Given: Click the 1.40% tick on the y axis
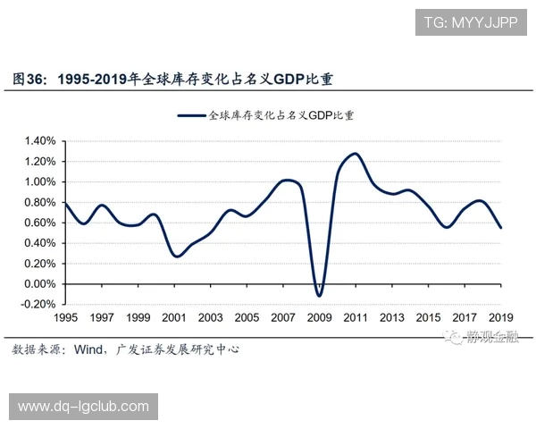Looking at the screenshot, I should tap(40, 141).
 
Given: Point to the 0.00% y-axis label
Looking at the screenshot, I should tap(40, 284).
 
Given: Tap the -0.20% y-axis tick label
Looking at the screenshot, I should tap(39, 305).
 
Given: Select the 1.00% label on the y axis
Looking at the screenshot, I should tap(40, 181).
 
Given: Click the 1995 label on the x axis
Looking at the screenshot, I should tap(65, 318).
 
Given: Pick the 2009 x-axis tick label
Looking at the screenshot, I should tap(320, 318).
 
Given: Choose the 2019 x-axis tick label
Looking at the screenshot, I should tap(501, 318).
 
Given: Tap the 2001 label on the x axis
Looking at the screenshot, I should tap(174, 318).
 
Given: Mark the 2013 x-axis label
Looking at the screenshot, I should tap(392, 318).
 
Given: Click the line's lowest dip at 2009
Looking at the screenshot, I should tap(319, 296).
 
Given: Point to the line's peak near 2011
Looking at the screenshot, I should tap(355, 154).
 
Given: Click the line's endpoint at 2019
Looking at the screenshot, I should tap(501, 228).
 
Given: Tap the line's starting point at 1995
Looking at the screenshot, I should tap(65, 204).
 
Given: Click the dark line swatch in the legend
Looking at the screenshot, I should tap(191, 115).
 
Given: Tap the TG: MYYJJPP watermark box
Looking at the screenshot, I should tap(471, 21).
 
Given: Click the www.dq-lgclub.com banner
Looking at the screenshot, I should tap(83, 407).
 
